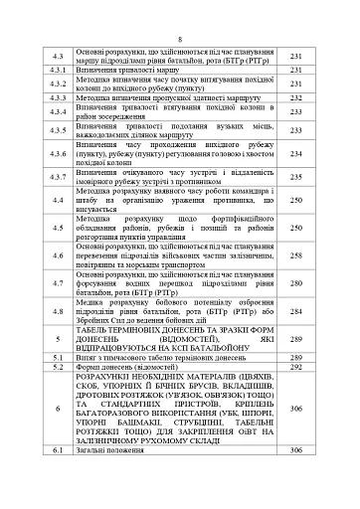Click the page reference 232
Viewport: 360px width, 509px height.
click(x=295, y=98)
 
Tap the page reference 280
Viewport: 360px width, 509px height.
click(x=295, y=283)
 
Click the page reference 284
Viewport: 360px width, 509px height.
click(x=295, y=310)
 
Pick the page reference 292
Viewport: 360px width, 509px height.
click(x=295, y=366)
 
